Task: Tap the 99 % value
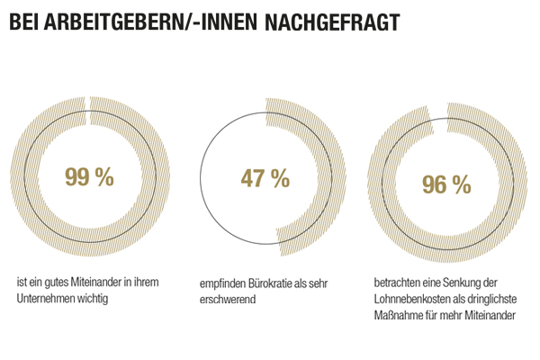click(x=89, y=177)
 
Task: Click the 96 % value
click(x=447, y=184)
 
